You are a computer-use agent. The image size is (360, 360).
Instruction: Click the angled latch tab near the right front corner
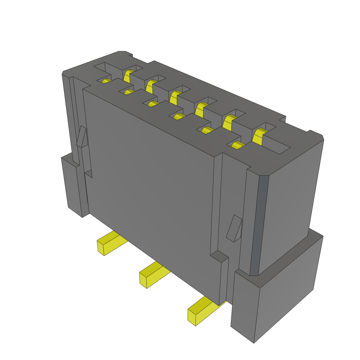click(x=235, y=229)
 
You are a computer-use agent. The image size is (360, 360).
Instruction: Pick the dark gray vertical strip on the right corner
click(x=259, y=225)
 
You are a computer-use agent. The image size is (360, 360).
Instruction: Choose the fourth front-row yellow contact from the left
click(x=180, y=116)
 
